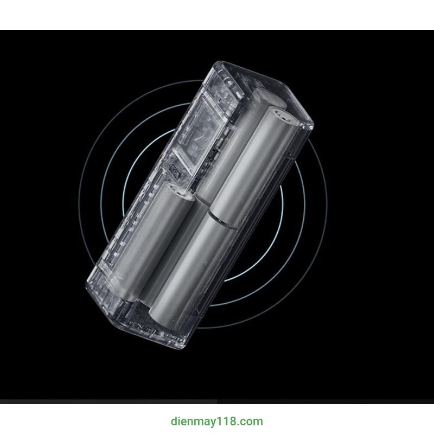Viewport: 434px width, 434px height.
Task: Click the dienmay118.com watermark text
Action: pos(216,422)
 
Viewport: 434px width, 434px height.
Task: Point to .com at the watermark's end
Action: pos(248,422)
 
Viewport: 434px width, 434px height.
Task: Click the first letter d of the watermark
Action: pos(174,422)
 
